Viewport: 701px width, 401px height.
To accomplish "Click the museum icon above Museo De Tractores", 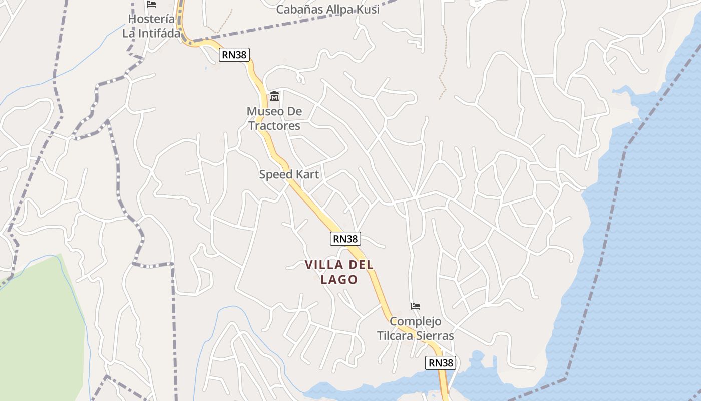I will [x=274, y=96].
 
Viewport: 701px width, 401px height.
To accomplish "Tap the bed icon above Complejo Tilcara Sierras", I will [x=415, y=306].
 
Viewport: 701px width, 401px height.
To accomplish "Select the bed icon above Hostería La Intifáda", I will [x=151, y=4].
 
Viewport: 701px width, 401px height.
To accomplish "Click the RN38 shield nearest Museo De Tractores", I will [x=234, y=55].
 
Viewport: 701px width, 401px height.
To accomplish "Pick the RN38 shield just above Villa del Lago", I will [x=345, y=239].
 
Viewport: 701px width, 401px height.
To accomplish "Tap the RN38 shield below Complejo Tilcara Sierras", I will [x=441, y=362].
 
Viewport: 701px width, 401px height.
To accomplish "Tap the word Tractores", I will [x=274, y=125].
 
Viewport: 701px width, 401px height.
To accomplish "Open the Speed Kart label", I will [x=289, y=174].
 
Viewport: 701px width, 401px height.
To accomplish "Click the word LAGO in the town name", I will [x=339, y=279].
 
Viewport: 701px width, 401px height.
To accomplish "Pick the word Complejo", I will [x=415, y=321].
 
